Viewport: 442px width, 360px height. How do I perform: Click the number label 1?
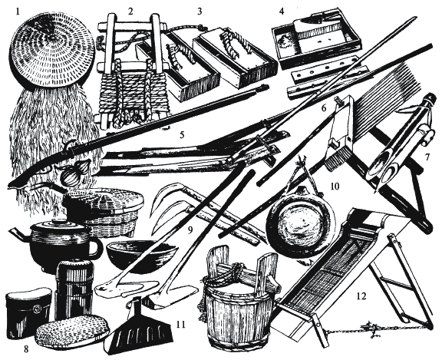18,12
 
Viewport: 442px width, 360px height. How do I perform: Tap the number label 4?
282,11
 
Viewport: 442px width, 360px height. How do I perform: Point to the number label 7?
427,157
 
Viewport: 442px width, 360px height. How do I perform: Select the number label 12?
361,296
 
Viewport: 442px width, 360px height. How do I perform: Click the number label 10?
335,187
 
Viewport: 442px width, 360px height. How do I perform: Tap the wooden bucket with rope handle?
239,296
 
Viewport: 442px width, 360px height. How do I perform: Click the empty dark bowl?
142,255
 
